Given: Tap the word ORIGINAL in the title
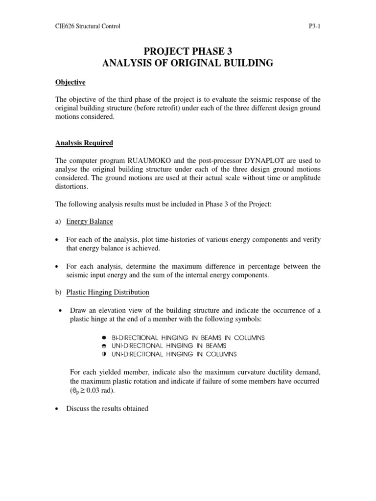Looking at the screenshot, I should [201, 63].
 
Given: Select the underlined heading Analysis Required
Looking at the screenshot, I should [84, 143].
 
